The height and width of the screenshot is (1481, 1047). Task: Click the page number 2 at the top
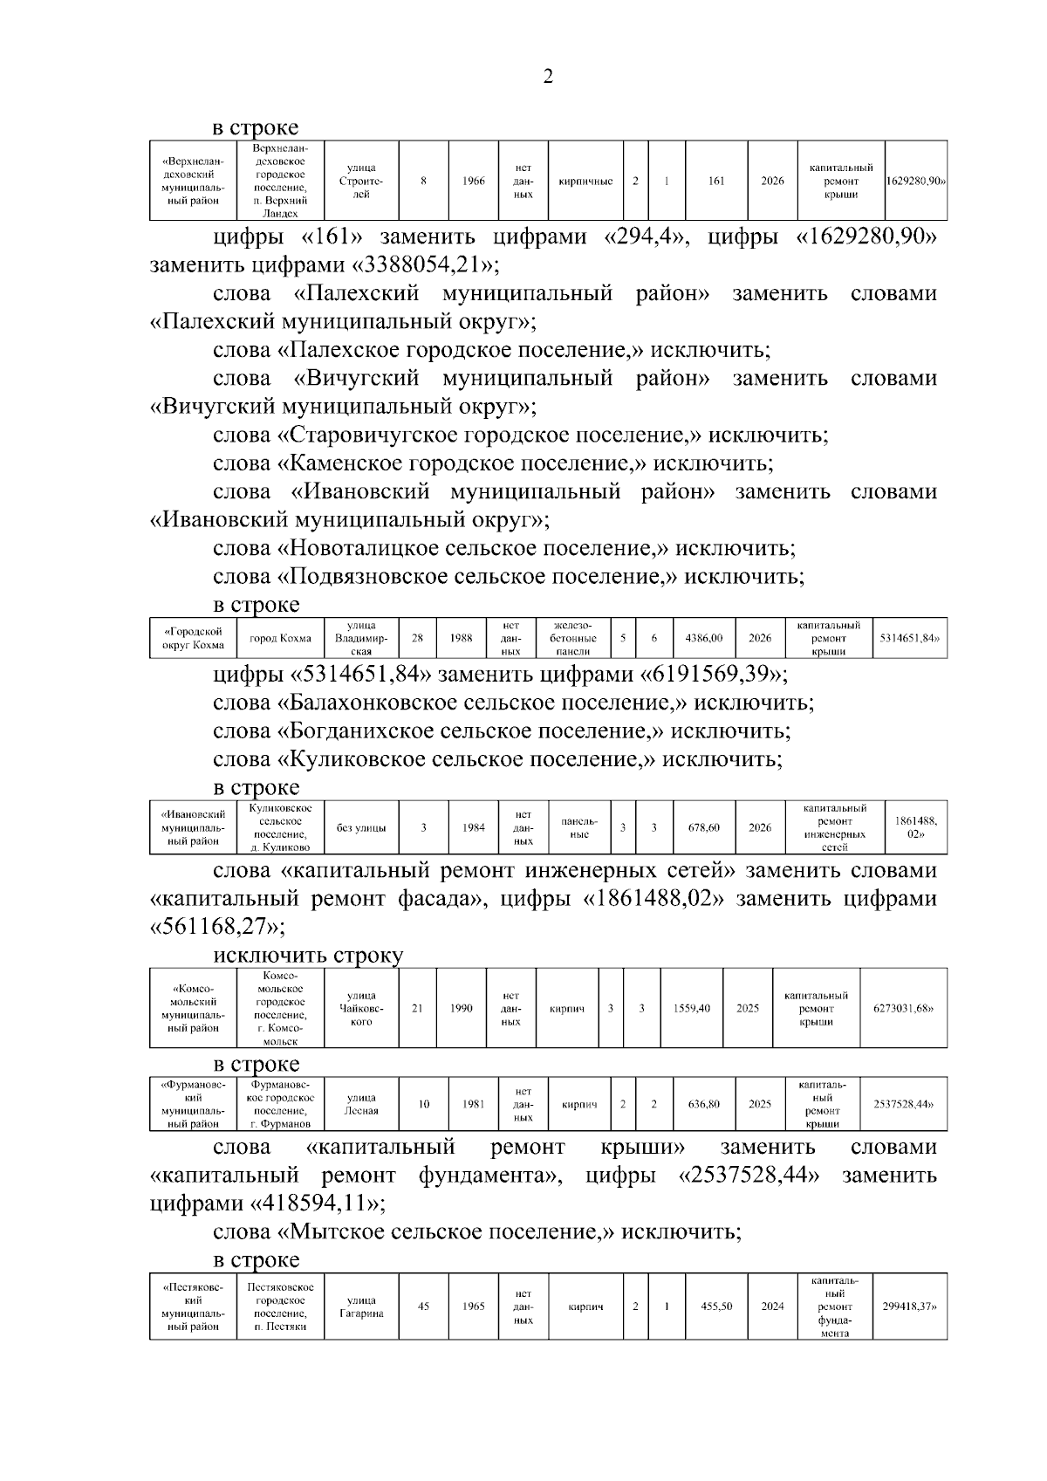tap(548, 77)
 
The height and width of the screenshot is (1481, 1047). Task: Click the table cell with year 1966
tap(474, 182)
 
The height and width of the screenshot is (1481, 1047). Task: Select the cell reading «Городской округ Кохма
tap(193, 638)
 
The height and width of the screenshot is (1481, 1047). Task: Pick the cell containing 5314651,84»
tap(910, 638)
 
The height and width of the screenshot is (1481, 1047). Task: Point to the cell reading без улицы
tap(361, 827)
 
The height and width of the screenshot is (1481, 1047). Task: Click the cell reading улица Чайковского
tap(361, 1008)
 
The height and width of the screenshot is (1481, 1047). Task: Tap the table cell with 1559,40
tap(692, 1008)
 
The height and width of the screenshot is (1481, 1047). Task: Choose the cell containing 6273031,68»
tap(904, 1008)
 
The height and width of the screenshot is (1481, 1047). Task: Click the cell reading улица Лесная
tap(361, 1104)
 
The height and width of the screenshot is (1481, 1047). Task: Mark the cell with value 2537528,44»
tap(904, 1104)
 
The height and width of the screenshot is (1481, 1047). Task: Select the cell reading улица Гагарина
tap(361, 1306)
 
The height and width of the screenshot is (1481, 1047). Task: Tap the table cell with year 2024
tap(772, 1306)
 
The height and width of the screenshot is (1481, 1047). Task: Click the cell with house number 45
tap(423, 1306)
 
